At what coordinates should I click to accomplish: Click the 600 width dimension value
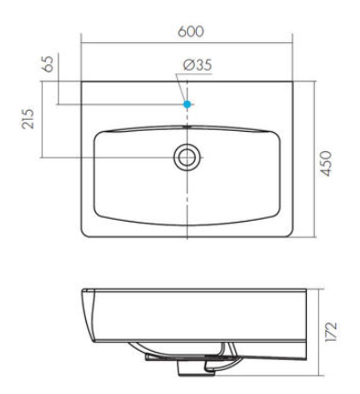coord(189,30)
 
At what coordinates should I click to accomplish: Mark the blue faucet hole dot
coord(188,104)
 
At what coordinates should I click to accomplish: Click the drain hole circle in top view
coord(188,157)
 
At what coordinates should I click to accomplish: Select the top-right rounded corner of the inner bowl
coord(277,130)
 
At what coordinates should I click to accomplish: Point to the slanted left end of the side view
coord(85,316)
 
